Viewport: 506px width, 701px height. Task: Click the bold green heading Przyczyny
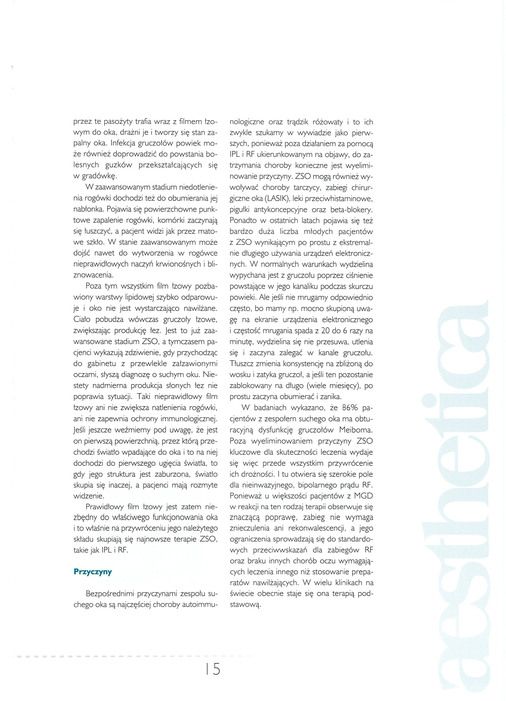click(92, 572)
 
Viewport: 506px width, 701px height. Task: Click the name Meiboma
click(356, 430)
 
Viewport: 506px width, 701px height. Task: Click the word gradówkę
click(99, 176)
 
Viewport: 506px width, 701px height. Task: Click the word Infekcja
click(123, 144)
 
